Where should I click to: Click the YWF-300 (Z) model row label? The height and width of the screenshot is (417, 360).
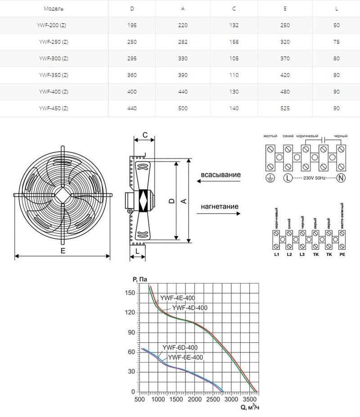54,59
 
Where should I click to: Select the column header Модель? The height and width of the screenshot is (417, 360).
54,9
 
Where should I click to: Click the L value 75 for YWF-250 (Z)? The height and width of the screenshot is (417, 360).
336,42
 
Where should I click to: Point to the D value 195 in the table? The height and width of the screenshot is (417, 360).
132,26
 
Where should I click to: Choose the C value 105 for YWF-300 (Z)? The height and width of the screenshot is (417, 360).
234,59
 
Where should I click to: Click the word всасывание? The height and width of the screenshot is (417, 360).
220,175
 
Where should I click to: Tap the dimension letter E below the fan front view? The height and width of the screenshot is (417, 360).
63,251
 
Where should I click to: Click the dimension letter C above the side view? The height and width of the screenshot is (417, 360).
145,135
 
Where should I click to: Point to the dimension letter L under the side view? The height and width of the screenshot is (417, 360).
137,250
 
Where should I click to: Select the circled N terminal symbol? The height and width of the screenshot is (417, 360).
341,178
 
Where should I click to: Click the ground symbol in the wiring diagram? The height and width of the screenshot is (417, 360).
271,178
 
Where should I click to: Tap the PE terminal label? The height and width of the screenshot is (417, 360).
342,255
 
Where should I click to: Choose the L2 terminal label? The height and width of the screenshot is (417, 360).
290,255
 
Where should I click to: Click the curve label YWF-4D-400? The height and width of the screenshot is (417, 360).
190,308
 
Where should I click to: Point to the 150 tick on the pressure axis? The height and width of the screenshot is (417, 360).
130,293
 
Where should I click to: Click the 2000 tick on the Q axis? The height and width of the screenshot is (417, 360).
194,399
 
